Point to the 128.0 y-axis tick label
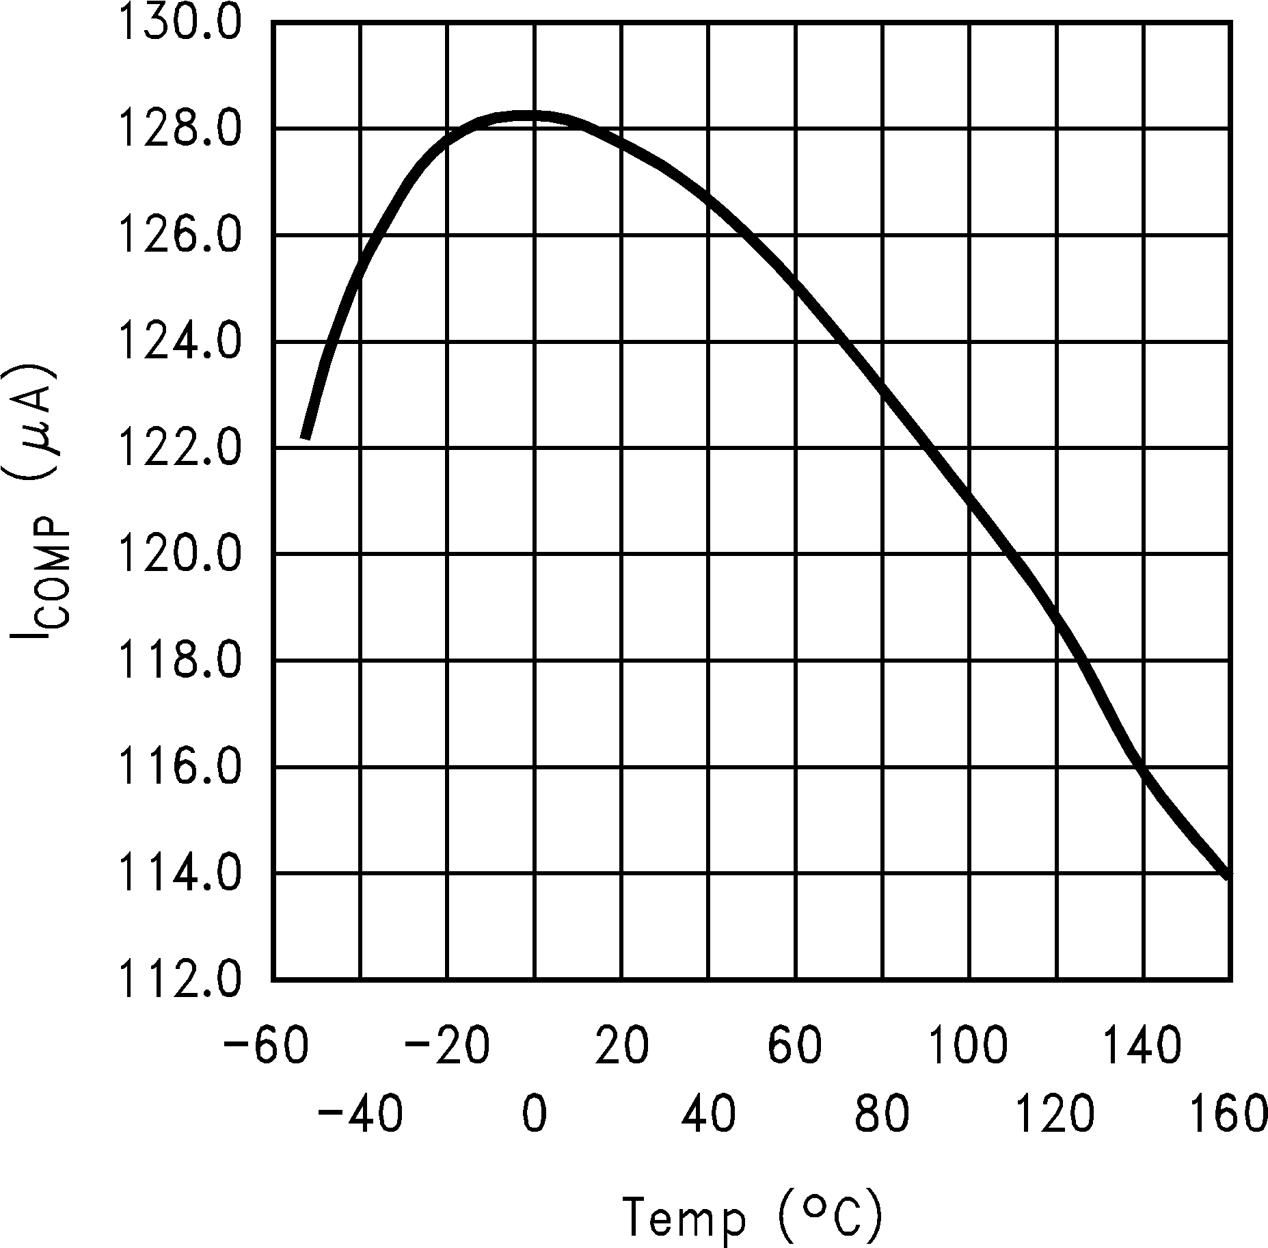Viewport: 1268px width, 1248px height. click(180, 130)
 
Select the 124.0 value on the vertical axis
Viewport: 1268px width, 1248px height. click(180, 342)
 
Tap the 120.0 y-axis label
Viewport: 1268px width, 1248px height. click(180, 554)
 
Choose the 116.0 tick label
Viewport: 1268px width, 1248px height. click(180, 767)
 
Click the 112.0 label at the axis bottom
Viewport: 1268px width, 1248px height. click(180, 979)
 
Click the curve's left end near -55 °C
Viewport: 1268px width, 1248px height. click(306, 436)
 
